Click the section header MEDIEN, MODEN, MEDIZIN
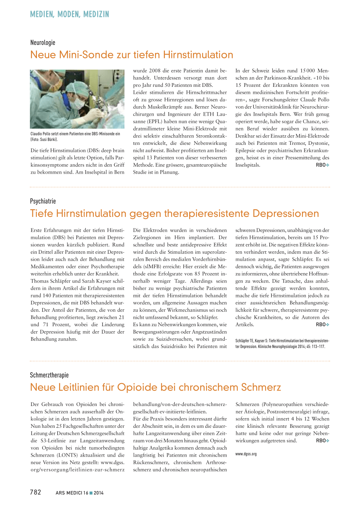point(70,14)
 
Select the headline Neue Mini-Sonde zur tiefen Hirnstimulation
point(131,55)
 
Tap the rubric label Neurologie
point(43,43)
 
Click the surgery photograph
point(77,99)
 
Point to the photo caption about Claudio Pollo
point(75,136)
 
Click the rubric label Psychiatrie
point(43,201)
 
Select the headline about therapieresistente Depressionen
point(174,213)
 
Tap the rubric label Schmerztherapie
point(49,375)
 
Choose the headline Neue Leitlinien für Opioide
point(155,387)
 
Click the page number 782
point(36,492)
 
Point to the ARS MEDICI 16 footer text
point(72,493)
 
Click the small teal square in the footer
point(91,493)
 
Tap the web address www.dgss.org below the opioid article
point(246,454)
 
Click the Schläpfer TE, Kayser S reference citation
point(282,343)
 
